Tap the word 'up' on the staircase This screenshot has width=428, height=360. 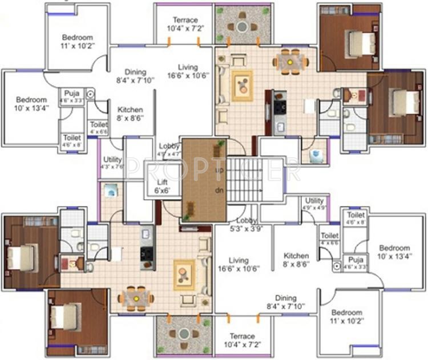[x=218, y=171]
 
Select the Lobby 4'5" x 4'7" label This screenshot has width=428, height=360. [x=169, y=149]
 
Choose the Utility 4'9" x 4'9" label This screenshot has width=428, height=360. [x=314, y=204]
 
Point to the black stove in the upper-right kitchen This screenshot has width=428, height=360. [x=280, y=106]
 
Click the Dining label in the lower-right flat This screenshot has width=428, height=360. [x=285, y=302]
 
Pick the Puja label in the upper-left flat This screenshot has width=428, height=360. [x=72, y=95]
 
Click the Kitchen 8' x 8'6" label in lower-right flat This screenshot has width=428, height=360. [x=296, y=260]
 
